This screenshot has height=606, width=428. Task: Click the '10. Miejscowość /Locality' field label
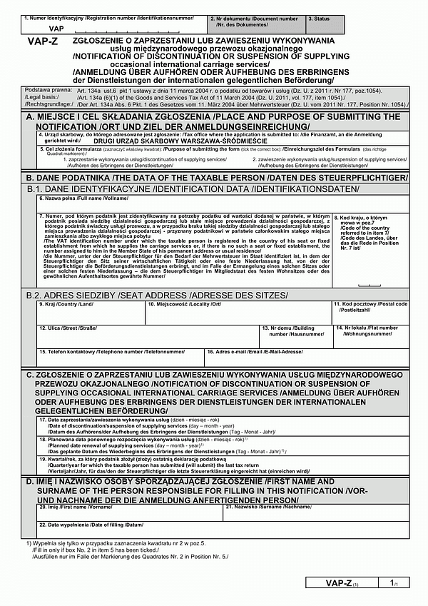pyautogui.click(x=185, y=304)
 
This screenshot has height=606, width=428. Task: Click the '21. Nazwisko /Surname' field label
pyautogui.click(x=269, y=507)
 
